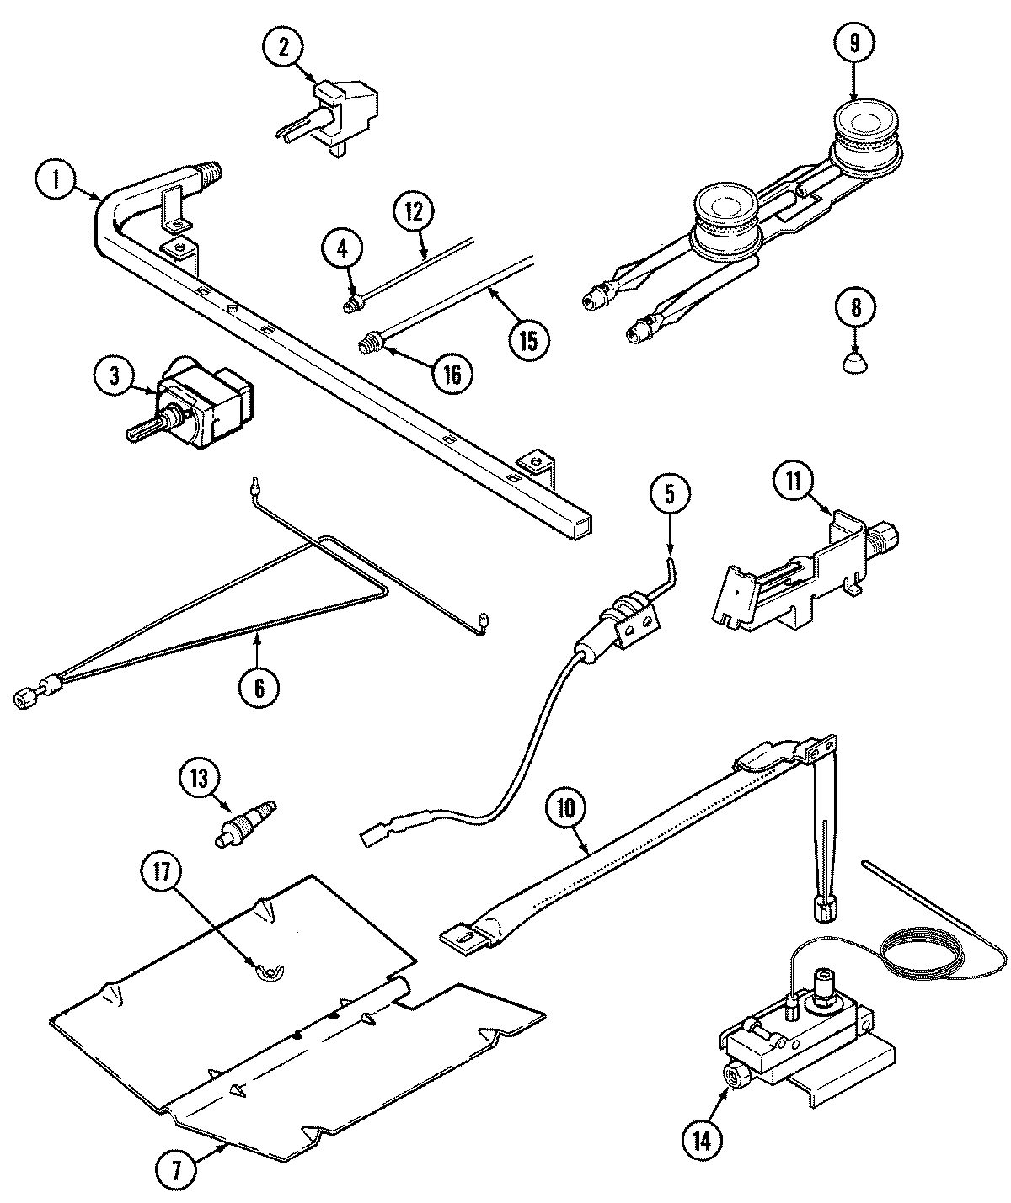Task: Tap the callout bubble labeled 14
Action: pyautogui.click(x=702, y=1140)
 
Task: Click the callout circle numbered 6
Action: pyautogui.click(x=259, y=687)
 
